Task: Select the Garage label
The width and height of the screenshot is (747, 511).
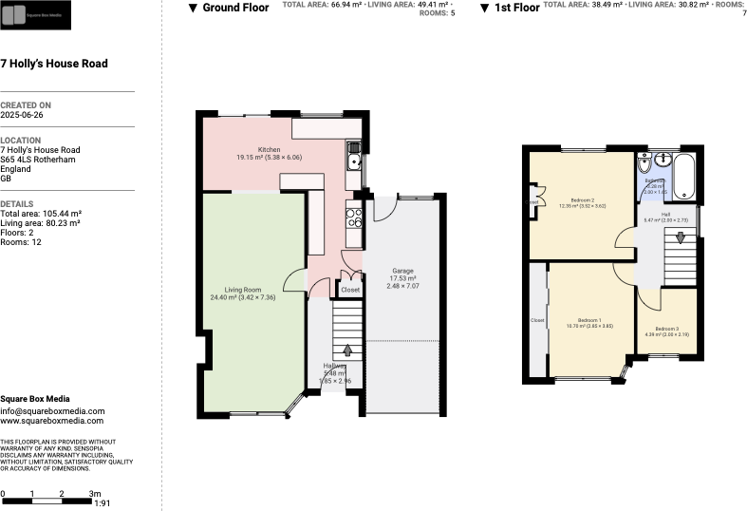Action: tap(402, 271)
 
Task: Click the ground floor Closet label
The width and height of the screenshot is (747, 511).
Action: tap(350, 290)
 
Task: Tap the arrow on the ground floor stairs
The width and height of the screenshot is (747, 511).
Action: tap(347, 350)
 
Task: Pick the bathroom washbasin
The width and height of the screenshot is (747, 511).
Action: tap(662, 160)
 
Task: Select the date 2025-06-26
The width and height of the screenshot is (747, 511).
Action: tap(22, 114)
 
